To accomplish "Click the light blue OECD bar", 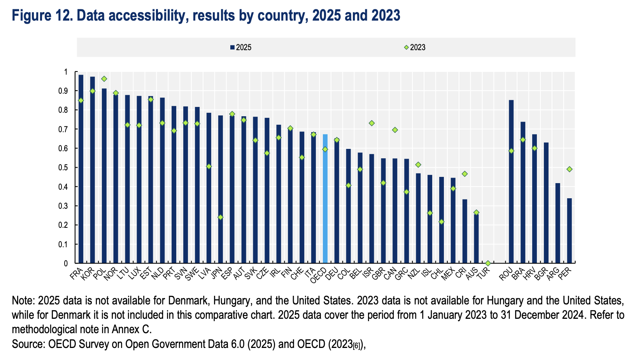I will [x=325, y=198].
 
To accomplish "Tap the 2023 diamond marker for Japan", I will [x=220, y=217].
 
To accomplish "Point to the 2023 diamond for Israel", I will [x=372, y=123].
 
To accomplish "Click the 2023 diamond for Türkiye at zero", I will [x=488, y=263].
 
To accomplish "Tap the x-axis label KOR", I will [x=88, y=273].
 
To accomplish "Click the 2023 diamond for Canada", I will [x=395, y=130].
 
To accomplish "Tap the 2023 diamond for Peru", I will [x=569, y=169].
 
